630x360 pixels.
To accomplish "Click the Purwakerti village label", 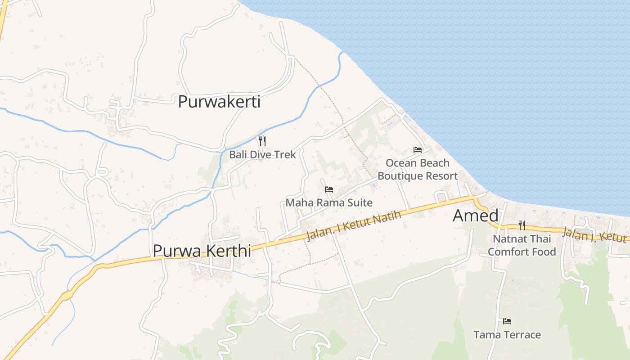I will tap(219, 102).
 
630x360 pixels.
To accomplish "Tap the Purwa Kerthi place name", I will tap(202, 251).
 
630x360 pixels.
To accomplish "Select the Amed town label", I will tap(475, 216).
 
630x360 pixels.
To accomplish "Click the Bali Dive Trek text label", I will tap(262, 154).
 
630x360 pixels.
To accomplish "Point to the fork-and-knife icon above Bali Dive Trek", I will tap(262, 141).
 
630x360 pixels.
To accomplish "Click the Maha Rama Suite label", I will tap(329, 202).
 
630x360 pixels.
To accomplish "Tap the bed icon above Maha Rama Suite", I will tap(329, 189).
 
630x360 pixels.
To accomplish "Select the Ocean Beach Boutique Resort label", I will tap(417, 169).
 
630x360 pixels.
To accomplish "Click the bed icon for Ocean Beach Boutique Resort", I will tap(418, 150).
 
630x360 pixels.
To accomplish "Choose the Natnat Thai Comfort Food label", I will tap(522, 245).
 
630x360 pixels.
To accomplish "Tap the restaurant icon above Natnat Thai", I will tap(522, 225).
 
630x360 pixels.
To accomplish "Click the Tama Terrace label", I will tap(507, 335).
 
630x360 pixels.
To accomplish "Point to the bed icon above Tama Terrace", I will tap(507, 321).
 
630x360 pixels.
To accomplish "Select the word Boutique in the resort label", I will tap(398, 176).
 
